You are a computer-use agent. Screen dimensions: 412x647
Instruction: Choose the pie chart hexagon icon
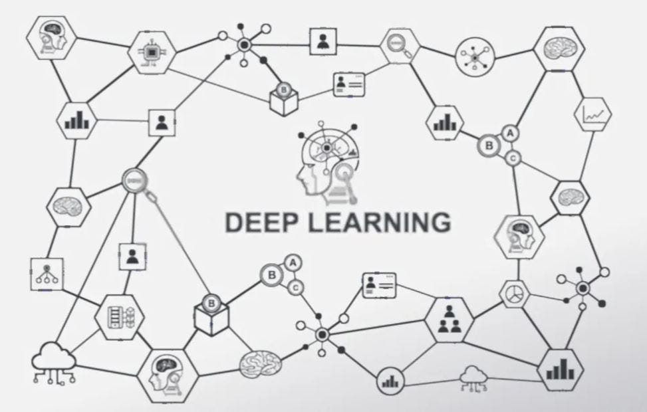click(x=513, y=293)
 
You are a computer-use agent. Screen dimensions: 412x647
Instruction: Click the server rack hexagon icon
click(x=119, y=317)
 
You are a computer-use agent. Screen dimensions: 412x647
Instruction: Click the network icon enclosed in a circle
click(x=475, y=56)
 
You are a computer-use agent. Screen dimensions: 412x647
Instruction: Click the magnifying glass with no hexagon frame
click(x=136, y=181)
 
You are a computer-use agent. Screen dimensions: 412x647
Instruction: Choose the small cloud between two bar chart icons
click(x=473, y=377)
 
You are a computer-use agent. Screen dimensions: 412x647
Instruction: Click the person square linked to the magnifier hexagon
click(x=323, y=43)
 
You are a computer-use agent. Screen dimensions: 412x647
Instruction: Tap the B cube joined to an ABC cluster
click(x=211, y=310)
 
